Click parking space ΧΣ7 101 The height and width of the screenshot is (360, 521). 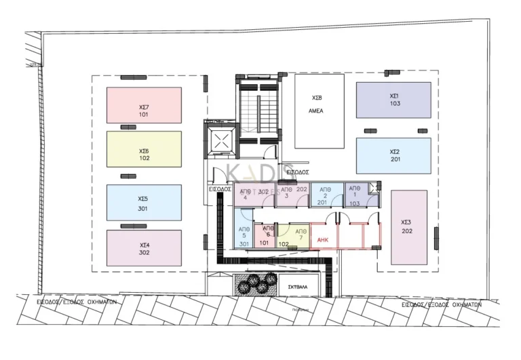point(144,105)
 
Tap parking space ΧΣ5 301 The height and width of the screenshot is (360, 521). point(144,203)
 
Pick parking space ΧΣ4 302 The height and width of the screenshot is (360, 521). point(144,248)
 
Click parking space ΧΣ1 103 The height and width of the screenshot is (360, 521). point(393,100)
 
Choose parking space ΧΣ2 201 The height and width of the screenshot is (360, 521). point(393,155)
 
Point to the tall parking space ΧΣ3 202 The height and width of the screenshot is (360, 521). point(409,226)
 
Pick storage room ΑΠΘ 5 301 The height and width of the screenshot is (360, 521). point(244,235)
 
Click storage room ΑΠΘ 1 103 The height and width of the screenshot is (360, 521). point(355,195)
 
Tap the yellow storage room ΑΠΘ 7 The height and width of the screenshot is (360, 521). point(299,235)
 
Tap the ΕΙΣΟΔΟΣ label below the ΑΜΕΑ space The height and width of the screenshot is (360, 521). point(297,172)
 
